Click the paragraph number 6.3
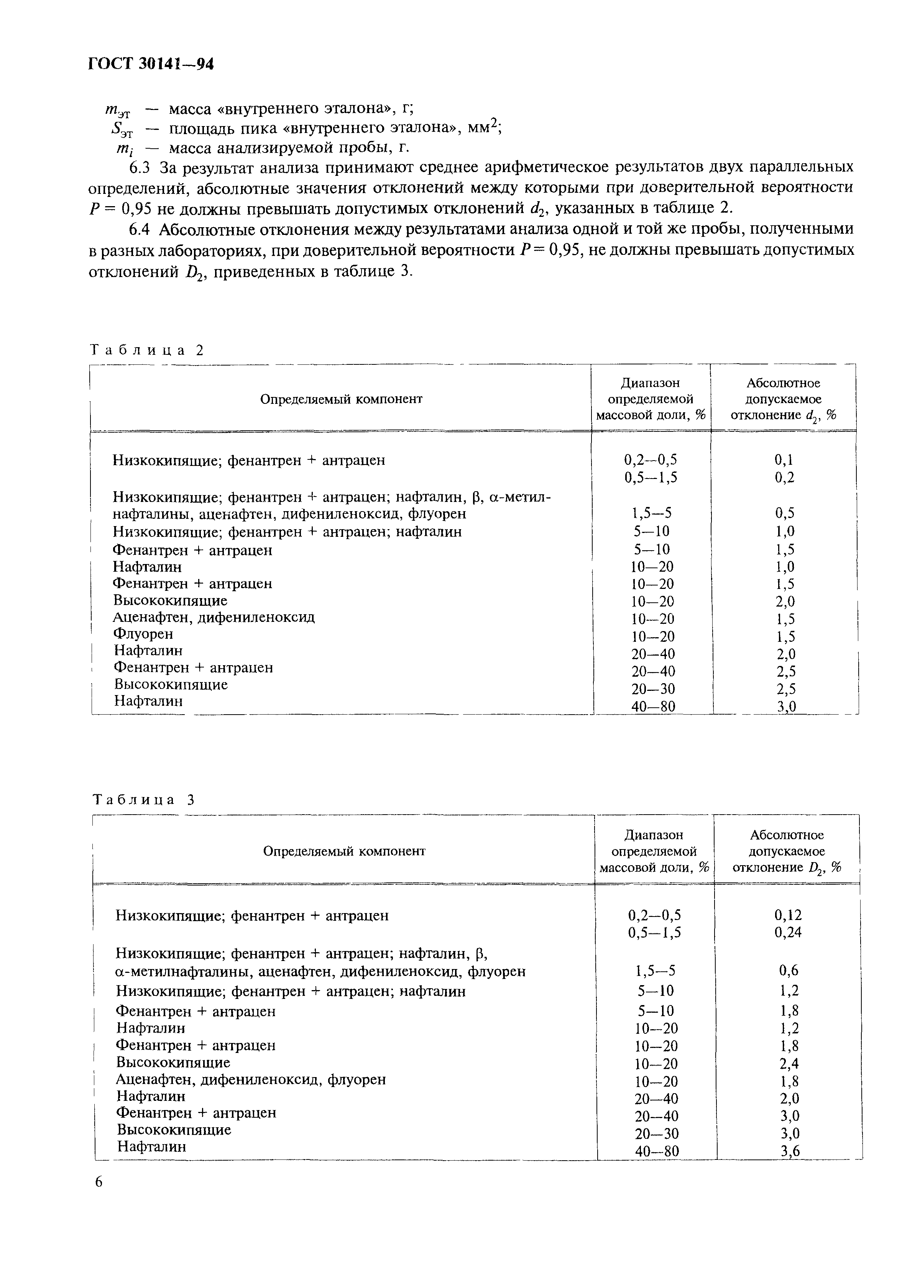pyautogui.click(x=141, y=167)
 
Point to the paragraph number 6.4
pyautogui.click(x=141, y=229)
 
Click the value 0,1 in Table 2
pyautogui.click(x=784, y=460)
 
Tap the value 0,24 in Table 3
pyautogui.click(x=788, y=932)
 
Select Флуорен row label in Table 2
pyautogui.click(x=143, y=633)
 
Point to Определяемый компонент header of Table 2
pyautogui.click(x=341, y=399)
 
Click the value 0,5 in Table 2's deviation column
pyautogui.click(x=784, y=513)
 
